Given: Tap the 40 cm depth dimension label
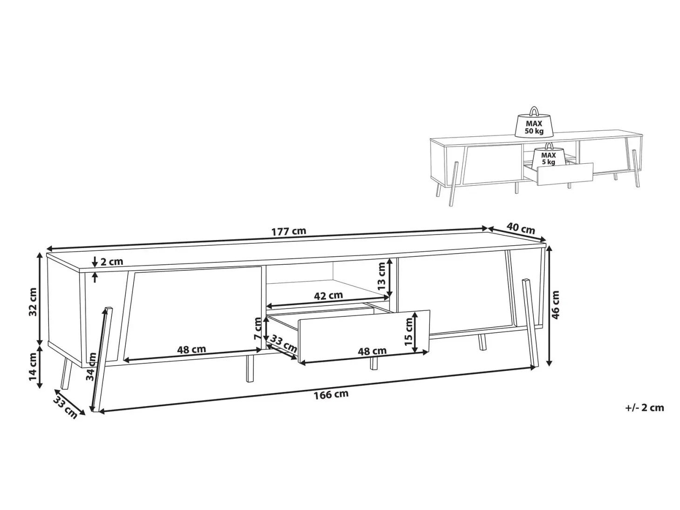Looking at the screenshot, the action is tap(521, 228).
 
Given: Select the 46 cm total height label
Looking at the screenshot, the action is tap(556, 305).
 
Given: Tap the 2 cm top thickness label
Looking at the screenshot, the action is tap(111, 262).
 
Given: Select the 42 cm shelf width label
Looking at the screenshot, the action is tap(328, 295).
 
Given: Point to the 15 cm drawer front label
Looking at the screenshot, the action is tap(408, 332).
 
